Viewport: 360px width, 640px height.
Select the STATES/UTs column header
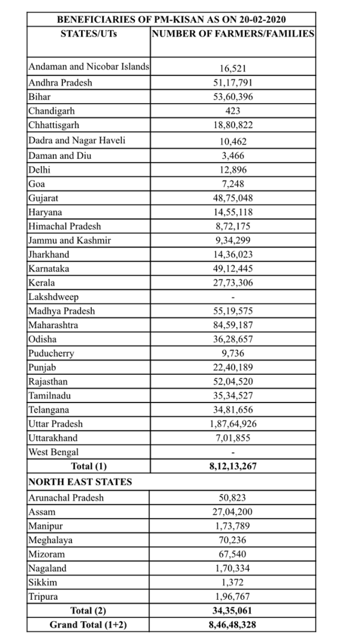click(89, 34)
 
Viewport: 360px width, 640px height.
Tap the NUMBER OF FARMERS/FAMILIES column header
click(233, 34)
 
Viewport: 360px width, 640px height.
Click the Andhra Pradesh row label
click(60, 82)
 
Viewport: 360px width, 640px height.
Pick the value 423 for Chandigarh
click(233, 111)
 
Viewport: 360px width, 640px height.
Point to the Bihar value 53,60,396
click(233, 97)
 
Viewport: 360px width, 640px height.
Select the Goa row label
click(37, 183)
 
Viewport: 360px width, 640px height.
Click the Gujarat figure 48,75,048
click(233, 197)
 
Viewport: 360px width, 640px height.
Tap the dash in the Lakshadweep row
click(233, 298)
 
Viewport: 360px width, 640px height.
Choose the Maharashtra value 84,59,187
click(233, 326)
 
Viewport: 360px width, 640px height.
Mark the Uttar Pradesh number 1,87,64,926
click(233, 423)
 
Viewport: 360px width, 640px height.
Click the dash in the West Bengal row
click(233, 452)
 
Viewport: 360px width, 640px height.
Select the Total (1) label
click(88, 466)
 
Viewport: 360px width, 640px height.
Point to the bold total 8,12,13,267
click(233, 466)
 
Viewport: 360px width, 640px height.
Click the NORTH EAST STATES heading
click(80, 482)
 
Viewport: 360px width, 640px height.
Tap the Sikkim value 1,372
click(233, 582)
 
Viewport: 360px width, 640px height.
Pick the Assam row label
click(41, 512)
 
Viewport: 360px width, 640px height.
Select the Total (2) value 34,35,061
click(233, 611)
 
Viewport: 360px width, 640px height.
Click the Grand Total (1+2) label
click(88, 625)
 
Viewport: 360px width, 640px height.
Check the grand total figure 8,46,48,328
click(233, 625)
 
